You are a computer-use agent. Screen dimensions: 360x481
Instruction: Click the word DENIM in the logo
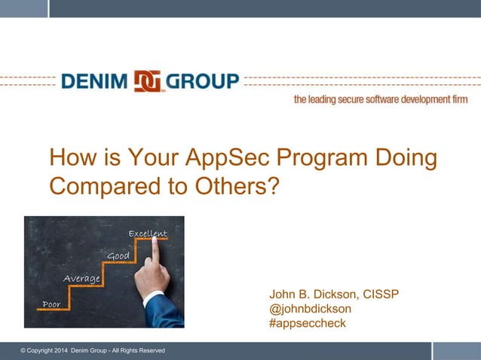(x=95, y=81)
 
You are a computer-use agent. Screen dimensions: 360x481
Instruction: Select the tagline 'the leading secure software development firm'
(x=380, y=99)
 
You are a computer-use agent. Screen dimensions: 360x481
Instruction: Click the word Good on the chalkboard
(x=118, y=257)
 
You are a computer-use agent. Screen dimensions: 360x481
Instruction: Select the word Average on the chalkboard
(x=81, y=279)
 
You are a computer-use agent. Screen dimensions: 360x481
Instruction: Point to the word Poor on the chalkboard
(x=51, y=304)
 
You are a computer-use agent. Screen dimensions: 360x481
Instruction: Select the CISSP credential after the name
(x=381, y=294)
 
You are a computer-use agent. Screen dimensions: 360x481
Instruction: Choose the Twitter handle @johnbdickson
(x=310, y=309)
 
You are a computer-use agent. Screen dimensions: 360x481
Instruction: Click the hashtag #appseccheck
(x=307, y=323)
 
